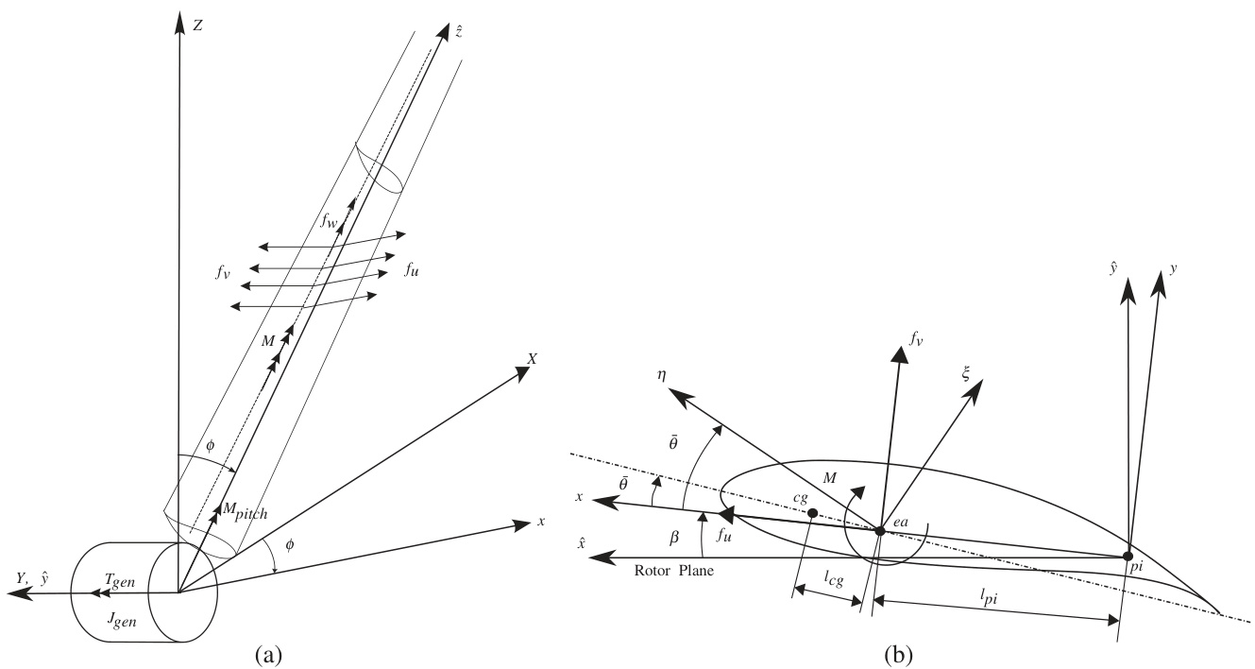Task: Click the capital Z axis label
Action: pyautogui.click(x=197, y=26)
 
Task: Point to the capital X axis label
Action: pyautogui.click(x=533, y=359)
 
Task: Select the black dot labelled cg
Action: pyautogui.click(x=812, y=512)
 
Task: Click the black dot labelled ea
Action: pyautogui.click(x=880, y=531)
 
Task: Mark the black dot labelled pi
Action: pyautogui.click(x=1128, y=556)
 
